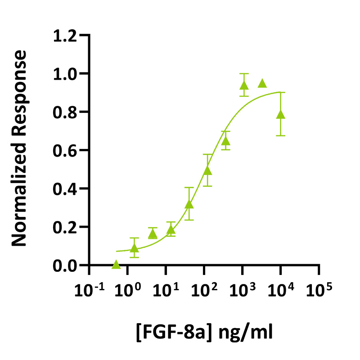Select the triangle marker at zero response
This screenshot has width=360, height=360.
116,265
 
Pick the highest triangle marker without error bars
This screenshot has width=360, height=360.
262,83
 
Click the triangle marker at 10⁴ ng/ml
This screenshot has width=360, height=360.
281,114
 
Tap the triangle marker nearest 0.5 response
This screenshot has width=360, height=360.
207,170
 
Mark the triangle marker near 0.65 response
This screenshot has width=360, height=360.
226,141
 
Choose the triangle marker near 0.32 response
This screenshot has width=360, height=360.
189,204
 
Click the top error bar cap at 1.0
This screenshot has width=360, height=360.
244,73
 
